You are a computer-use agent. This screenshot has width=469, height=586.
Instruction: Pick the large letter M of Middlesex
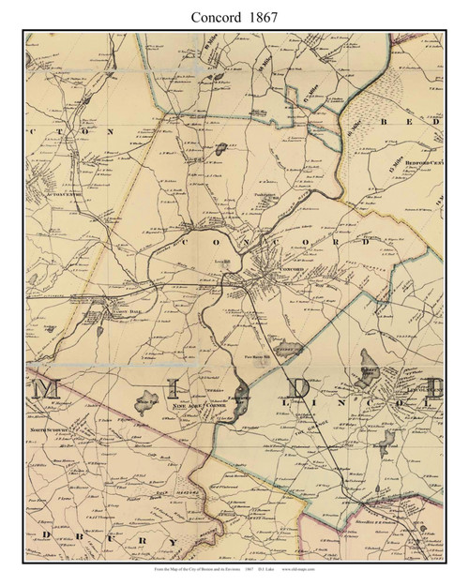pos(55,389)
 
